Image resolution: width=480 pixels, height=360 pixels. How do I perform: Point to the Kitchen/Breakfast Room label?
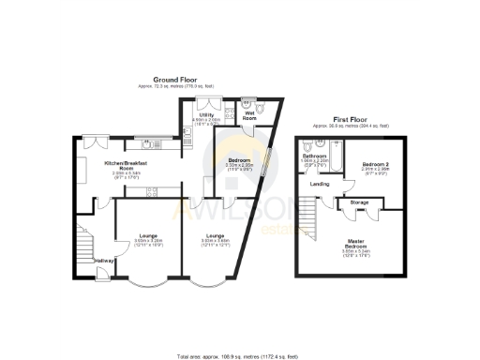coord(127,165)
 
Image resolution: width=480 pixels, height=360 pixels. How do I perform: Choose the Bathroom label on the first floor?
coord(325,156)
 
